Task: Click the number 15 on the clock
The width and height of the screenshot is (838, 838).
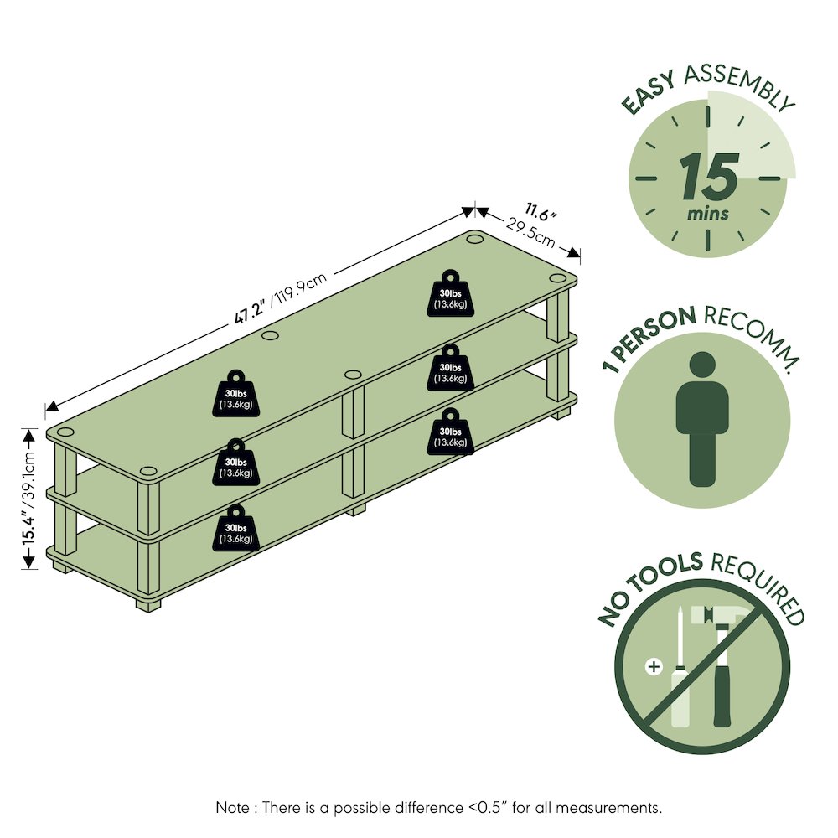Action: [x=710, y=176]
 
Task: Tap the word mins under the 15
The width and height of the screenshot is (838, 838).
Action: [x=708, y=215]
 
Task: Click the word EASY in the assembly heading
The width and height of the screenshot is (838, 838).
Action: [x=649, y=93]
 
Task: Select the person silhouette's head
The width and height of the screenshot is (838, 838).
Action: [x=702, y=365]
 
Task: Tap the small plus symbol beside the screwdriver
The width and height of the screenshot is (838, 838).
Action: [x=654, y=666]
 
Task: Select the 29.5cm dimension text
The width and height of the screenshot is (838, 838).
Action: [x=530, y=233]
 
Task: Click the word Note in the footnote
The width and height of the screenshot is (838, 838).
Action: [x=232, y=807]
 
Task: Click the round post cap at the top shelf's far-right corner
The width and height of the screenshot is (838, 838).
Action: [x=474, y=238]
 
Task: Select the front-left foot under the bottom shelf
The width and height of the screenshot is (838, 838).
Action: [x=148, y=606]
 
